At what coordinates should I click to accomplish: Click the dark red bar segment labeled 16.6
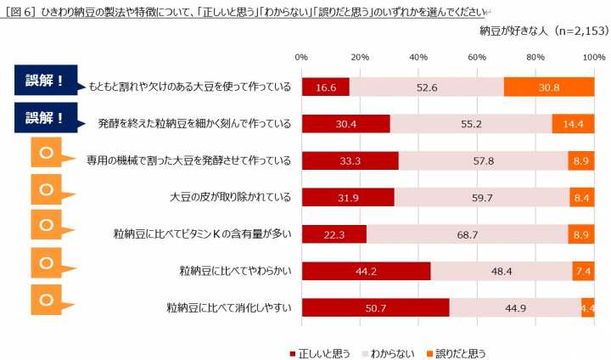pyautogui.click(x=326, y=87)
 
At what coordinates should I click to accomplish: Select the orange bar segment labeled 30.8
pyautogui.click(x=548, y=87)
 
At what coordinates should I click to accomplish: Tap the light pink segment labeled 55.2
pyautogui.click(x=471, y=123)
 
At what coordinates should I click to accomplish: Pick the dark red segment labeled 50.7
pyautogui.click(x=375, y=308)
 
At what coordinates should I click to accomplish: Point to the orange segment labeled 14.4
pyautogui.click(x=573, y=123)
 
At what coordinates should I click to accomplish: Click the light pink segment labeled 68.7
pyautogui.click(x=468, y=234)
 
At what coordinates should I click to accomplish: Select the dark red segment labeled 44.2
pyautogui.click(x=366, y=272)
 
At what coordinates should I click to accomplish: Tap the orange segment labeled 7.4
pyautogui.click(x=583, y=272)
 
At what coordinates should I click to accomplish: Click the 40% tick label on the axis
pyautogui.click(x=418, y=57)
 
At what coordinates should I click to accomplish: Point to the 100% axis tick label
pyautogui.click(x=593, y=57)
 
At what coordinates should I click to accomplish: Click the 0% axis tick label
pyautogui.click(x=301, y=57)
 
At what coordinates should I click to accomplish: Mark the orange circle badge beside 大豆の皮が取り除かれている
pyautogui.click(x=48, y=188)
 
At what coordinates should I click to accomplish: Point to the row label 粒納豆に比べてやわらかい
pyautogui.click(x=235, y=272)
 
